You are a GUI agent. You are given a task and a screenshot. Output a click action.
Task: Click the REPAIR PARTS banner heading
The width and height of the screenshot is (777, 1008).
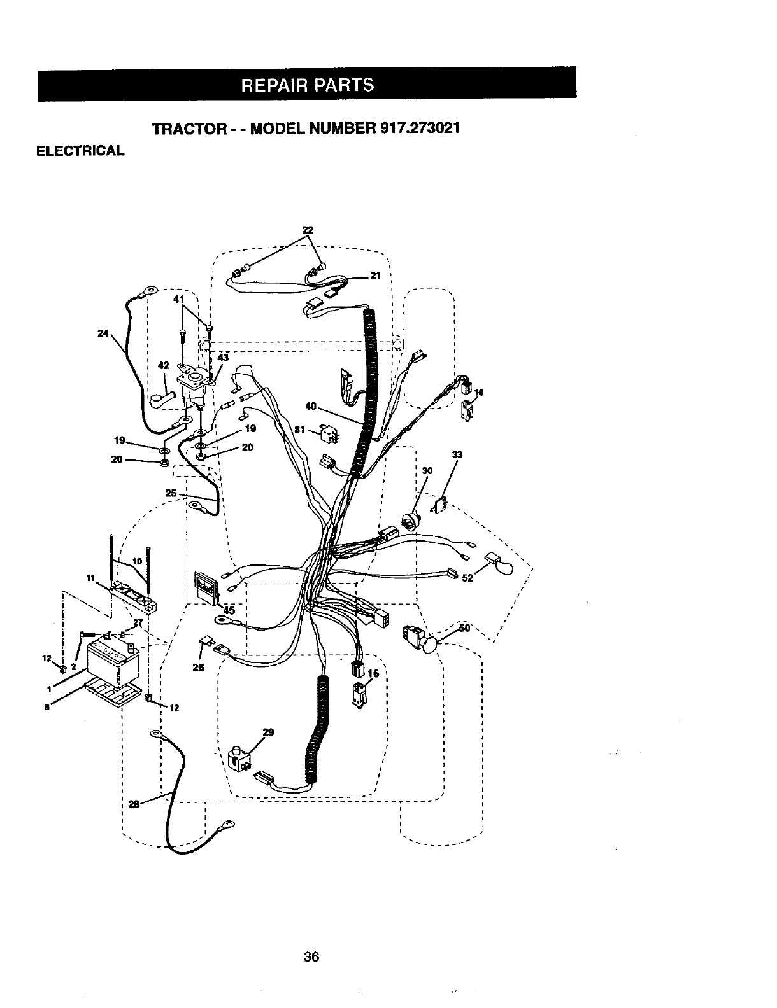coord(307,85)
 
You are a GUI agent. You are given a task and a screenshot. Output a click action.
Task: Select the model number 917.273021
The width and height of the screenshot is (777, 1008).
coord(419,127)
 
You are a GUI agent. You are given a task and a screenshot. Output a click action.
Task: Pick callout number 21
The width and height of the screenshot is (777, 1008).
coord(375,276)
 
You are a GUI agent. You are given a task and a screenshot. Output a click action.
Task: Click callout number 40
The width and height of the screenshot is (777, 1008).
coord(311,405)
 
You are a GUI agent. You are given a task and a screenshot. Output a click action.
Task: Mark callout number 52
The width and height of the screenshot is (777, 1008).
coord(468,578)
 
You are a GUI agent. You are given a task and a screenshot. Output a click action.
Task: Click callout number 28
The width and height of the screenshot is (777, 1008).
coord(134,804)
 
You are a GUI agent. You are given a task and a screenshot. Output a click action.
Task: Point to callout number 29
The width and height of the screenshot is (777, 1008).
coord(268,732)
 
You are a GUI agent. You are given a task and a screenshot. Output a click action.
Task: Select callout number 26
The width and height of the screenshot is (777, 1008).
coord(197,668)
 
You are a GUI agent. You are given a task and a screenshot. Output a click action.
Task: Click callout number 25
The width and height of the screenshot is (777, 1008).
coord(171,493)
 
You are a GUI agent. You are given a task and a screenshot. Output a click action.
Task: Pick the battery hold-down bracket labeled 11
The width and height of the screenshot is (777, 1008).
coord(132,597)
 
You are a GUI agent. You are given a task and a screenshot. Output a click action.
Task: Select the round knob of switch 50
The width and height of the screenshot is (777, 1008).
coord(431,645)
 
